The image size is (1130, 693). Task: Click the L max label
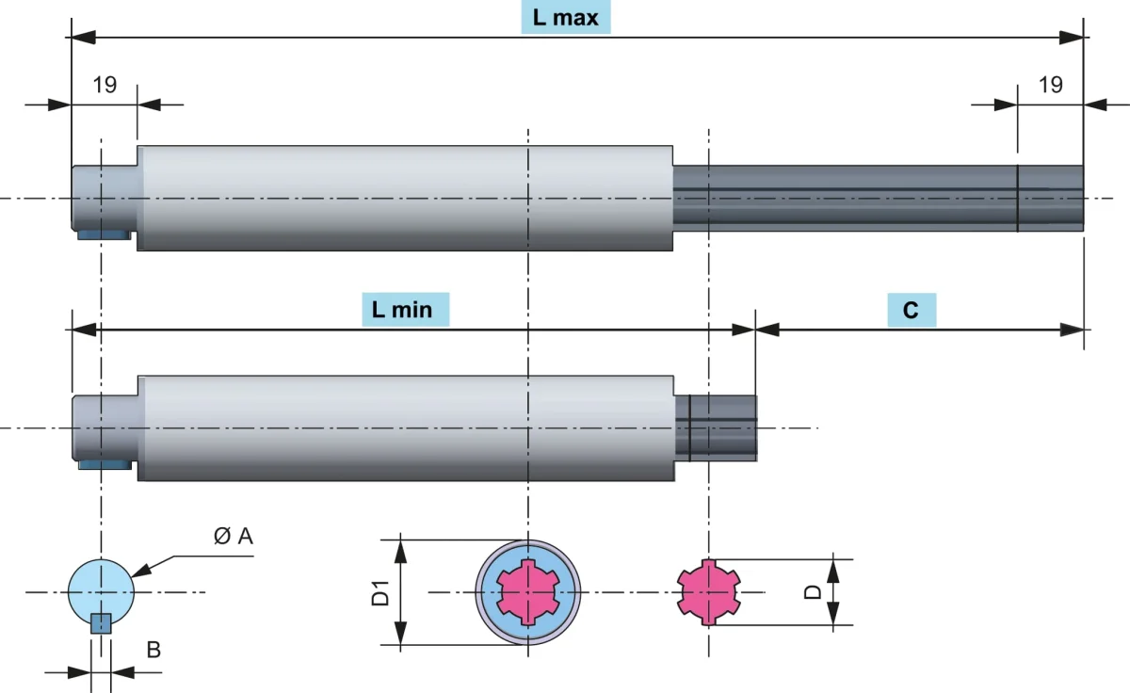tap(566, 18)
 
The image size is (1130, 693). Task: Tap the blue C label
tap(912, 310)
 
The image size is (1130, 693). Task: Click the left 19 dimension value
tap(105, 85)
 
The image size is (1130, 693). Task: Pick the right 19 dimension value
tap(1050, 85)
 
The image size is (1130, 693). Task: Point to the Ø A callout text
tap(234, 536)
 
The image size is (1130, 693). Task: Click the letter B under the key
tap(153, 650)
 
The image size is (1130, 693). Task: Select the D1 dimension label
tap(380, 592)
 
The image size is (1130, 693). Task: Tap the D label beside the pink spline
tap(812, 592)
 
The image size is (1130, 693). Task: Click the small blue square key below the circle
tap(101, 623)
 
